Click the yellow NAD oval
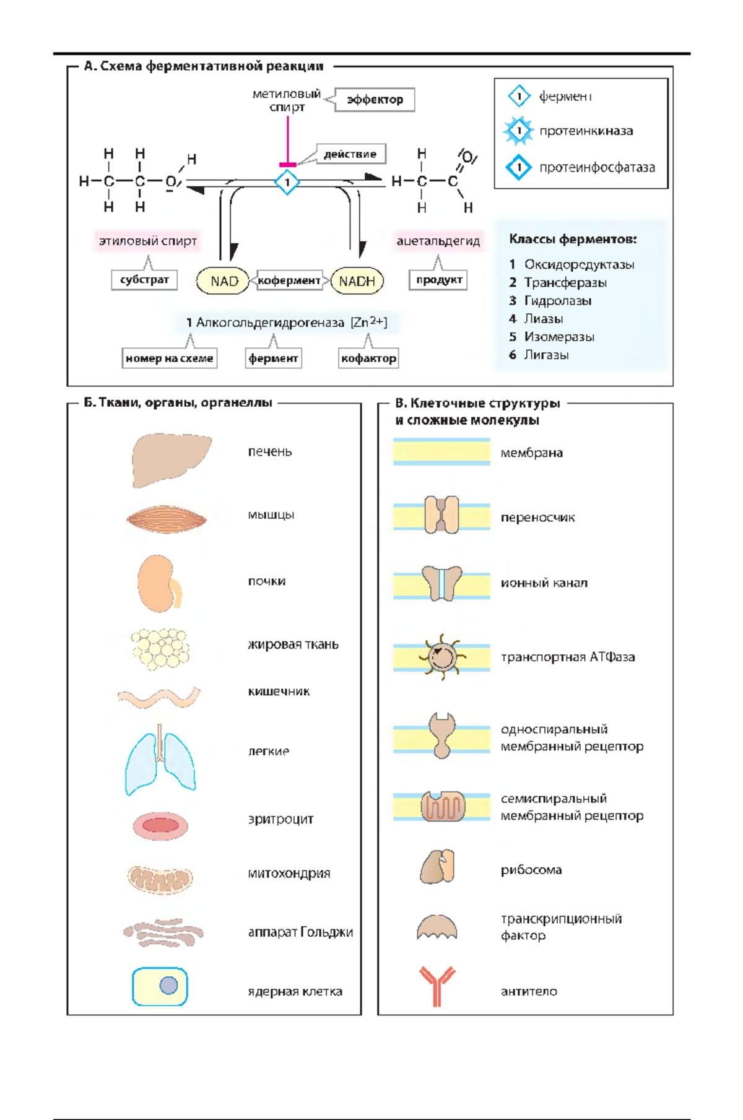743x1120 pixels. [x=223, y=281]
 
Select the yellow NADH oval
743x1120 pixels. [x=357, y=281]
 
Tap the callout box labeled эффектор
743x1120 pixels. [x=375, y=100]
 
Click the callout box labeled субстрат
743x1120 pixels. [x=144, y=279]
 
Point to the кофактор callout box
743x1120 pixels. [x=368, y=358]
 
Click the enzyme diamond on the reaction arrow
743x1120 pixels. [x=287, y=182]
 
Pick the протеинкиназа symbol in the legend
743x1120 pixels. [x=519, y=131]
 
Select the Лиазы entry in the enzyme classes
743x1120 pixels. [x=543, y=319]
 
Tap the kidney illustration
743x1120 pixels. [x=158, y=583]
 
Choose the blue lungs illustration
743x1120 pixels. [x=160, y=761]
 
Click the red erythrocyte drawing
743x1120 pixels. [x=160, y=825]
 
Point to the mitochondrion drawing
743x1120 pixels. [x=160, y=877]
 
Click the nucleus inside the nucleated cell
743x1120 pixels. [x=168, y=985]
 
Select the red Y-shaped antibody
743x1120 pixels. [x=437, y=986]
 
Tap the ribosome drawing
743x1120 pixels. [x=438, y=866]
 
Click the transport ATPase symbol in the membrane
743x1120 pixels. [x=441, y=658]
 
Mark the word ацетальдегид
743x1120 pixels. [x=438, y=241]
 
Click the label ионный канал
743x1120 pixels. [x=544, y=583]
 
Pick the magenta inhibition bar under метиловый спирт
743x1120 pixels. [x=288, y=165]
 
